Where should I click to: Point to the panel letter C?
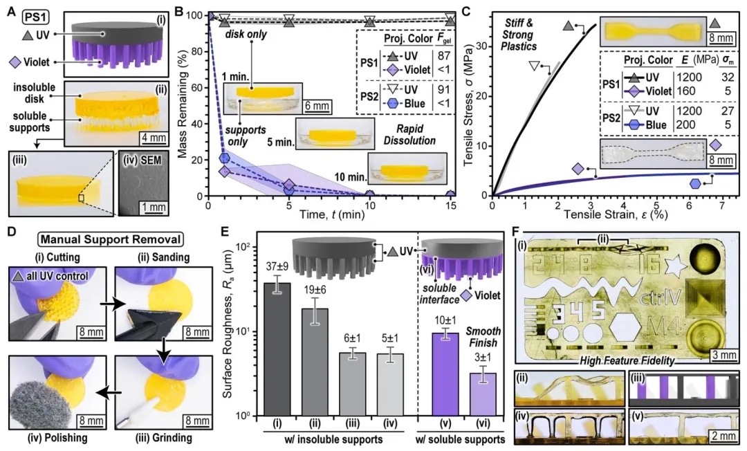click(466, 11)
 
